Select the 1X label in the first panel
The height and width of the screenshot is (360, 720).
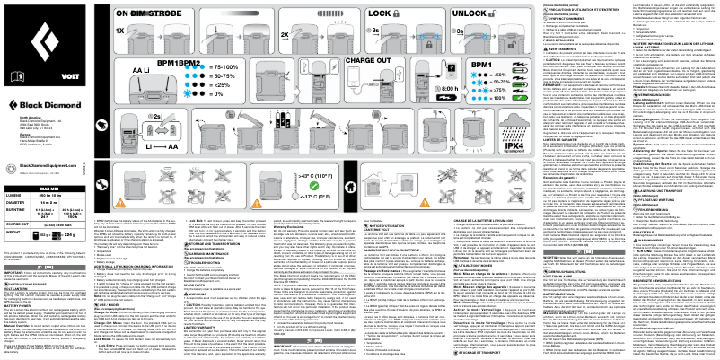pyautogui.click(x=120, y=29)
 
